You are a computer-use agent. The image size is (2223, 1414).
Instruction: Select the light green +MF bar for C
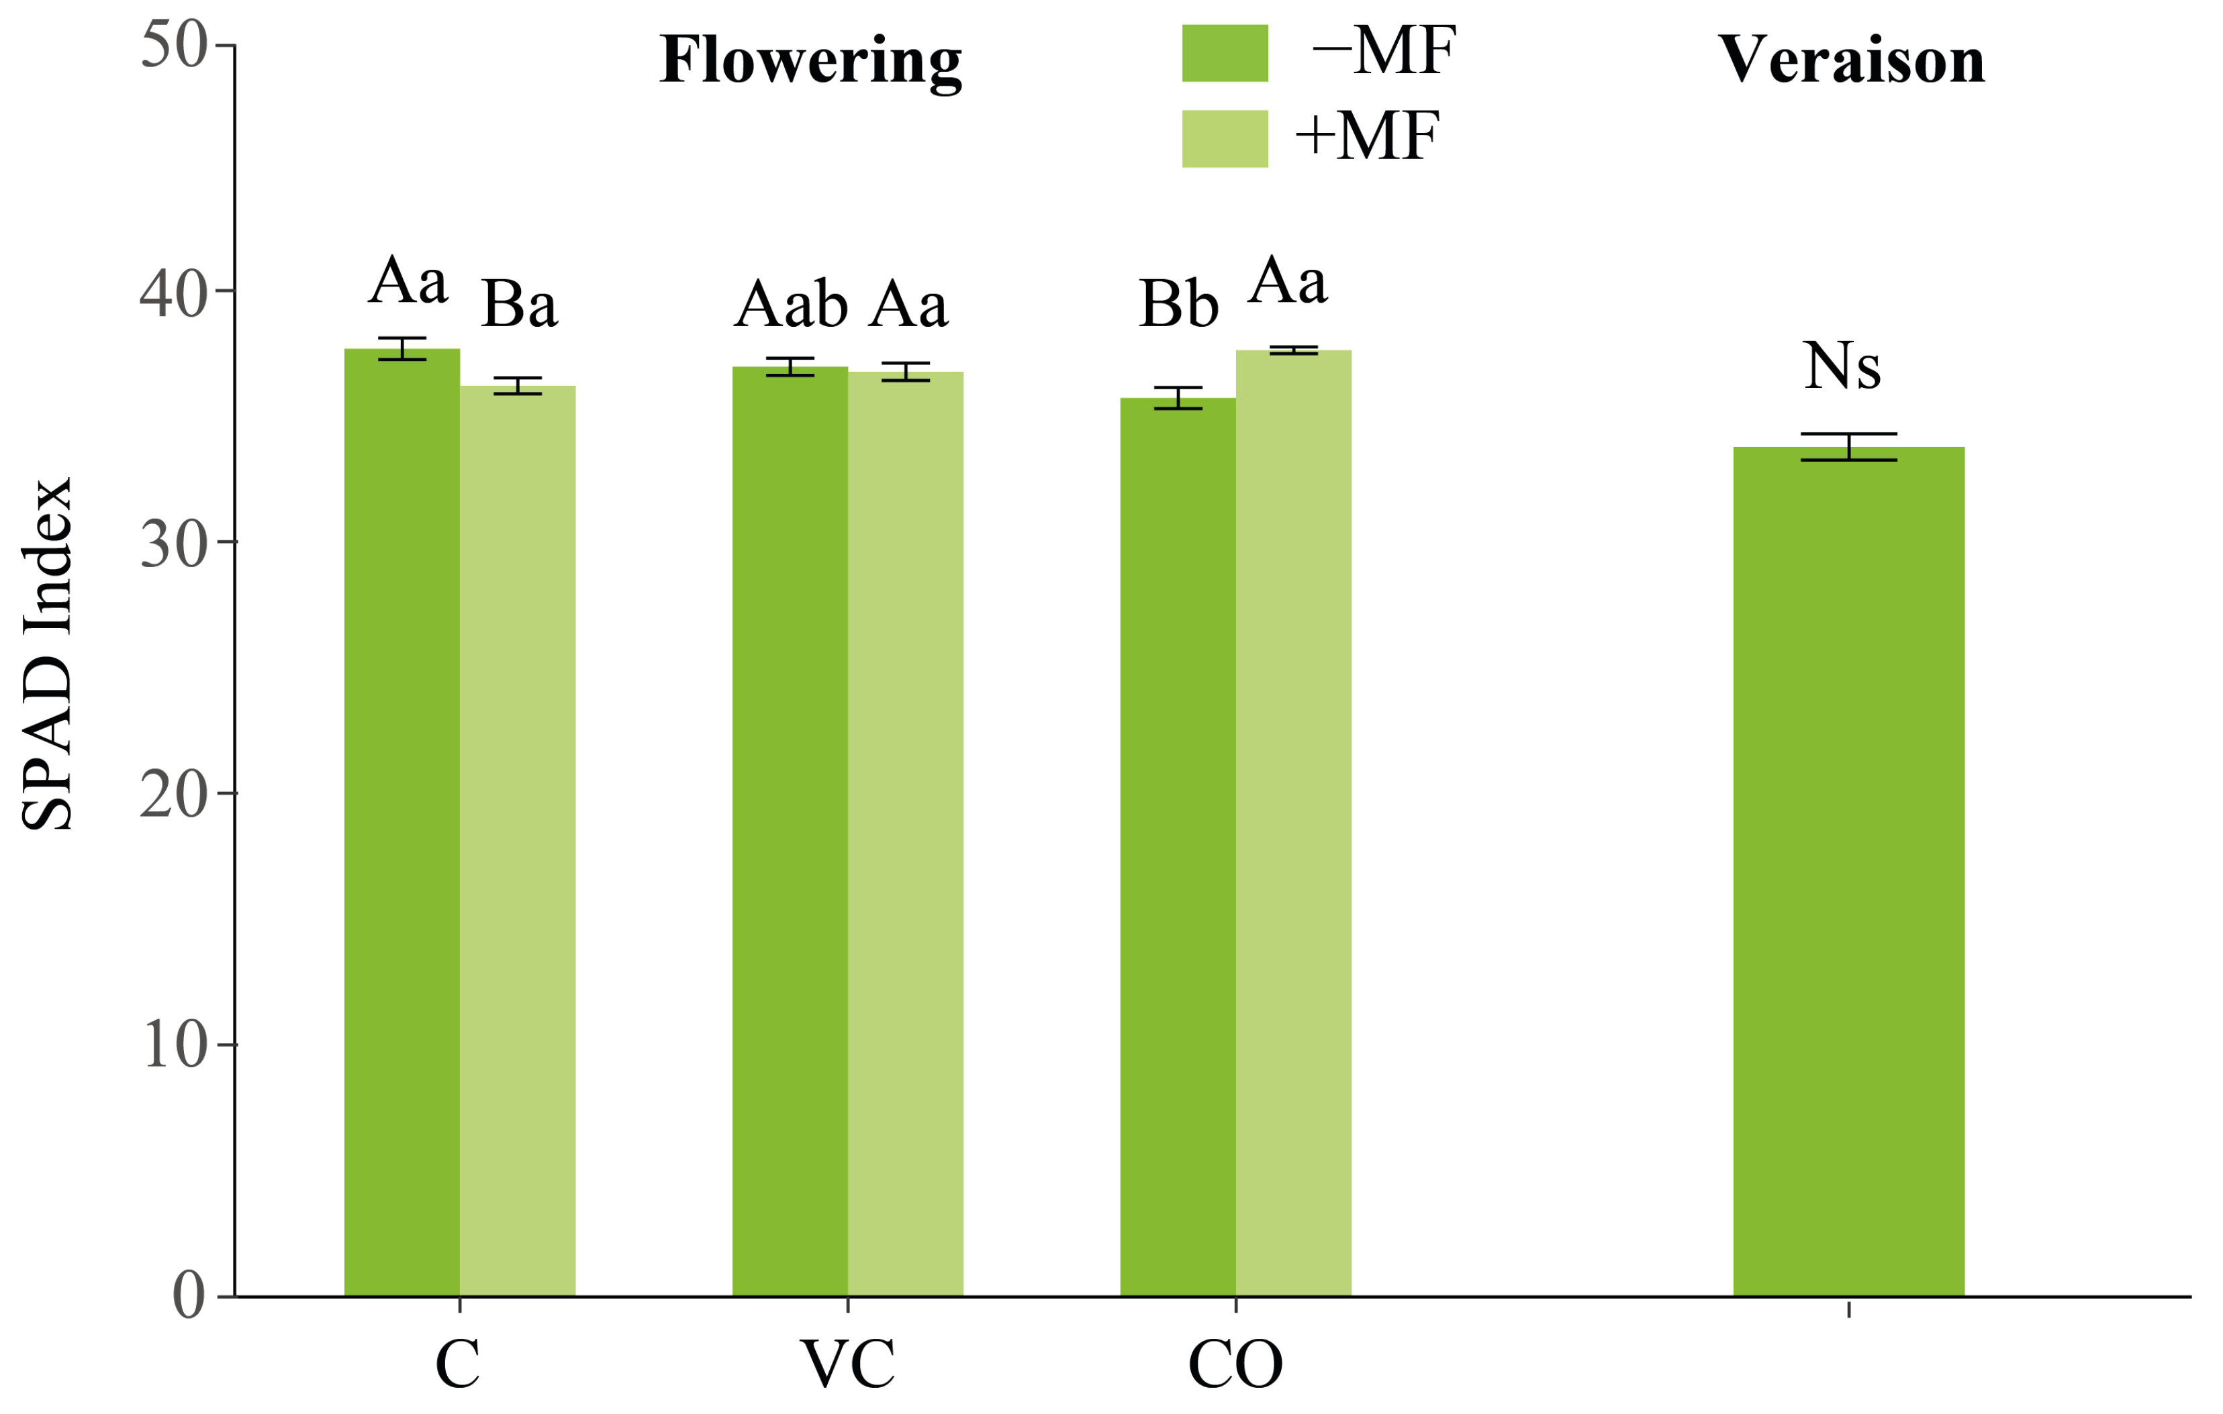(517, 840)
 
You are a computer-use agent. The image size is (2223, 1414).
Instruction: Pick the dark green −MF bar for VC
(790, 831)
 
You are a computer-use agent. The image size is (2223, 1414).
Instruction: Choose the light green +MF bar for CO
(1293, 822)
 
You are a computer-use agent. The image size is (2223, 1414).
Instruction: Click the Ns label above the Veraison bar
(1842, 366)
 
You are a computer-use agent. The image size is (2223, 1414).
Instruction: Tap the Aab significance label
(790, 305)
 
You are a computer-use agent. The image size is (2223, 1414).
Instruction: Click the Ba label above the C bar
(519, 305)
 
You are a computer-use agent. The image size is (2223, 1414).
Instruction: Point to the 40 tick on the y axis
(173, 293)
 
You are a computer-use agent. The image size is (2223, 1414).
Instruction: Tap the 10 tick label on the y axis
(173, 1045)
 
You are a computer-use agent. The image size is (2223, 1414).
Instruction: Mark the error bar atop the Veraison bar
(1848, 447)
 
